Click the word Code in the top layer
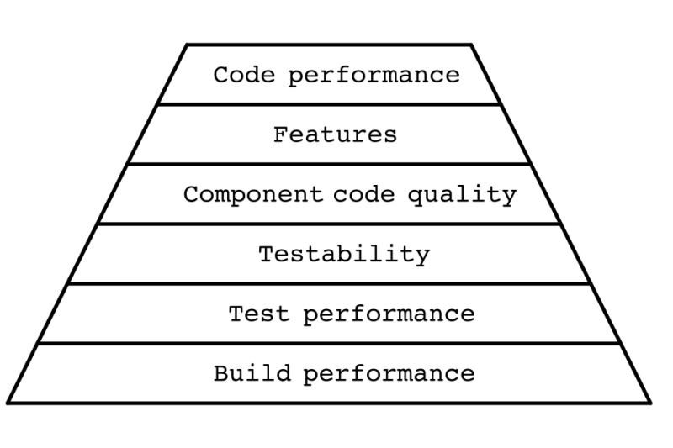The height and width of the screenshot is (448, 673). point(244,75)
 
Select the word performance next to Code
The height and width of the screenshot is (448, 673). point(374,76)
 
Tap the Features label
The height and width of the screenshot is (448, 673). point(335,134)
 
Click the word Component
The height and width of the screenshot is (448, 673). point(253,195)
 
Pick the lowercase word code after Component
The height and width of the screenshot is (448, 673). point(364,194)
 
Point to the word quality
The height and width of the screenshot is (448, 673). point(462,195)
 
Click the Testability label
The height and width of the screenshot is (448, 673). point(344,255)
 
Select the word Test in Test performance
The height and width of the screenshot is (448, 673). point(259,314)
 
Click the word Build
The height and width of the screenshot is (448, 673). point(252,372)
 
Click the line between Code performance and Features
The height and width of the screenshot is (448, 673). point(329,104)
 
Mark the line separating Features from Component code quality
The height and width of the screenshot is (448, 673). point(329,164)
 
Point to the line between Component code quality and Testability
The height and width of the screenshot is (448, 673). point(329,224)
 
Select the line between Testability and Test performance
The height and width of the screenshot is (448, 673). point(329,283)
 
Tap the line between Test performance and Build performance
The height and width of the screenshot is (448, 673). point(329,343)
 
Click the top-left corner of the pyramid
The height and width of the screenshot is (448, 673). point(187,45)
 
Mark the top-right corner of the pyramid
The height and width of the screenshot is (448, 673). point(471,45)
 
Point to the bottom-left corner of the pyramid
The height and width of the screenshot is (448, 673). point(8,403)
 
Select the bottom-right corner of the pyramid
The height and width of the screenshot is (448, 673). point(650,403)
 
